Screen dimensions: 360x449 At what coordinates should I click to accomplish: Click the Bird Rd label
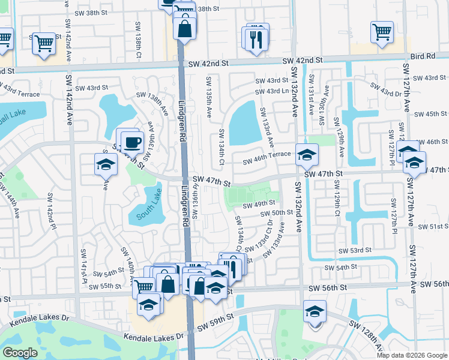pos(423,56)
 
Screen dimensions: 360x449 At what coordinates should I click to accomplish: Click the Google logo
pos(20,353)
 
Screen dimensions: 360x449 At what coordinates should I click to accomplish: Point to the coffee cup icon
pos(132,142)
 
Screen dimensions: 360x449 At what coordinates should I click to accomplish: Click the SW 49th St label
pos(259,203)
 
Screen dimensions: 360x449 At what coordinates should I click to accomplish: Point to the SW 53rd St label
pos(355,250)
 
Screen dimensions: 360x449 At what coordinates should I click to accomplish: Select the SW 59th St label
pos(214,321)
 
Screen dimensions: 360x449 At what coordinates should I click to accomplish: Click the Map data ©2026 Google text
pos(415,355)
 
